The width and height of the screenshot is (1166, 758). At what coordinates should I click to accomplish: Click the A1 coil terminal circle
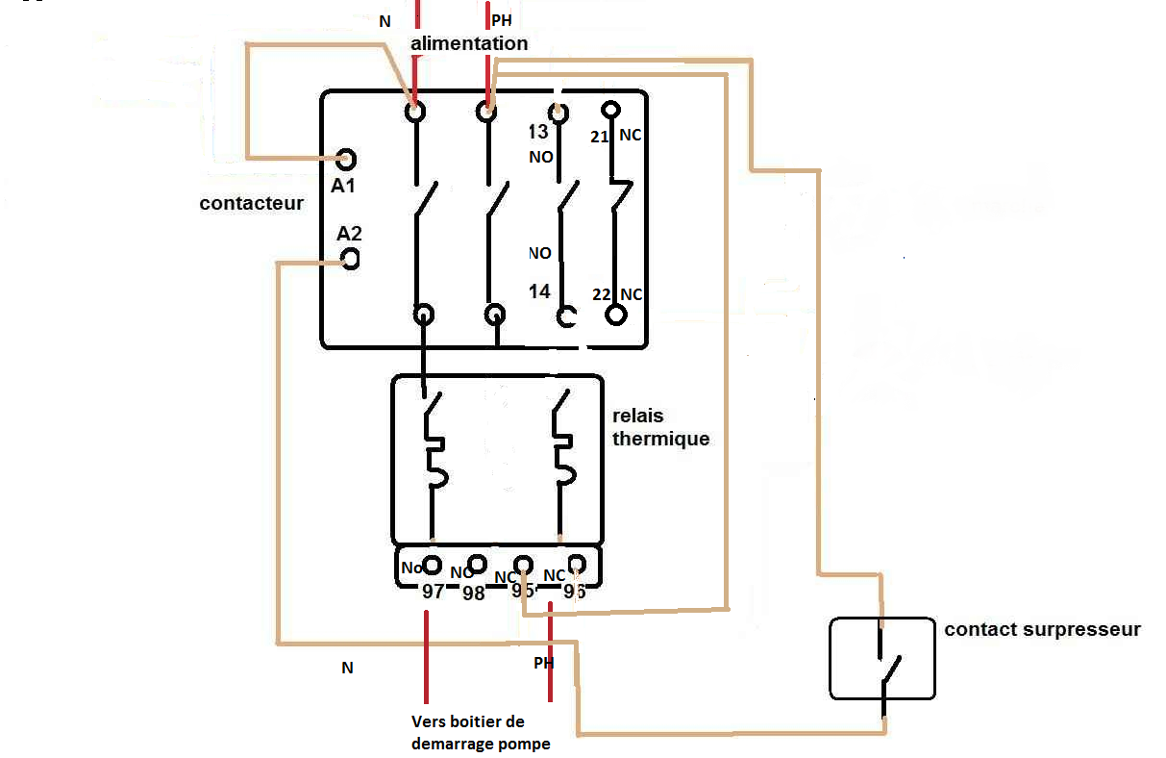[x=346, y=160]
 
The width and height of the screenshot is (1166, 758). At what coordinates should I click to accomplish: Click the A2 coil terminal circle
[x=351, y=259]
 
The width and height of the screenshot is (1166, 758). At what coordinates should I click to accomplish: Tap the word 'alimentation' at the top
[x=469, y=43]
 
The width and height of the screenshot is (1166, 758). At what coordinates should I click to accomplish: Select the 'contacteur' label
[x=252, y=203]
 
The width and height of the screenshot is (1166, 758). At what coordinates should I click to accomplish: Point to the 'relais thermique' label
[x=661, y=427]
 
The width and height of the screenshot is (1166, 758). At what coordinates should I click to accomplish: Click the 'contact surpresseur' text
[x=1042, y=630]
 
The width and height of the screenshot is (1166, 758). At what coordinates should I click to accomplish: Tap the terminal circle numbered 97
[x=433, y=565]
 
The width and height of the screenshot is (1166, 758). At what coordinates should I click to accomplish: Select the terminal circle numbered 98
[x=475, y=565]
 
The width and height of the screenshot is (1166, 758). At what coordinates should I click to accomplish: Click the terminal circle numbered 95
[x=524, y=565]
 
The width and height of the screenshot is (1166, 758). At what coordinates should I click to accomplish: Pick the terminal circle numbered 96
[x=577, y=564]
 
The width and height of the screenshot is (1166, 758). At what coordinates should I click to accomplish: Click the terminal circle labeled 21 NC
[x=608, y=111]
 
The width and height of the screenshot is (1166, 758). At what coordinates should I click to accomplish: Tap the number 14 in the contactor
[x=540, y=291]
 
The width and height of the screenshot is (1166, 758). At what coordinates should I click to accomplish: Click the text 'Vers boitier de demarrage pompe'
[x=481, y=732]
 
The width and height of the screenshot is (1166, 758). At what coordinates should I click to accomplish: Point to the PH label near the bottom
[x=544, y=663]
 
